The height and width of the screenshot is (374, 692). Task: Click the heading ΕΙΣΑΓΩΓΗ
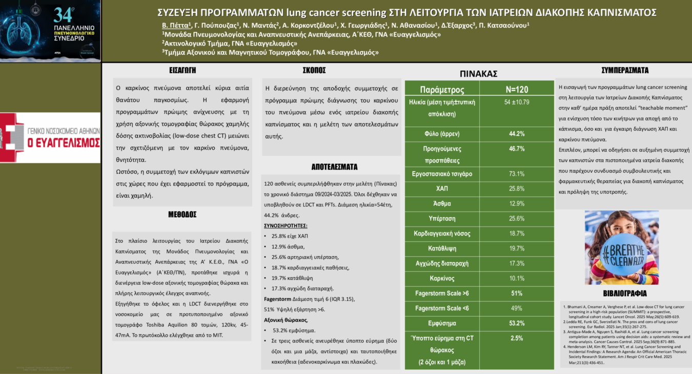[182, 70]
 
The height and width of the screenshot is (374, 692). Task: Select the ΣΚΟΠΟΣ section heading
[314, 70]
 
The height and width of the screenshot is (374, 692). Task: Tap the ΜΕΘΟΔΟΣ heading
[182, 215]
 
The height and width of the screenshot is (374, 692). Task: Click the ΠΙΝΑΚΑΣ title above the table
[479, 74]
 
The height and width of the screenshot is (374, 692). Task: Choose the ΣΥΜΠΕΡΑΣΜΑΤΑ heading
[625, 70]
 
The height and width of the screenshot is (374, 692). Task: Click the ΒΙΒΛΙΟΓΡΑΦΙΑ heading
[624, 294]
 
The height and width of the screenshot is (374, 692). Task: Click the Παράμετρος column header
[442, 90]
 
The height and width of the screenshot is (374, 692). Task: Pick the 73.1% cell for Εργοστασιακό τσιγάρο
[517, 174]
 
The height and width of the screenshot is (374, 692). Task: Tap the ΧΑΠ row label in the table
[442, 189]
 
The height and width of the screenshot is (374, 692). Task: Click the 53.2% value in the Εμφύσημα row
[517, 323]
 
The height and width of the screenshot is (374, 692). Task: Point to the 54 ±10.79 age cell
[517, 102]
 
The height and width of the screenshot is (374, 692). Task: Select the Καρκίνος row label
[442, 278]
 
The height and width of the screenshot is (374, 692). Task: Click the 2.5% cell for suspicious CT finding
[517, 338]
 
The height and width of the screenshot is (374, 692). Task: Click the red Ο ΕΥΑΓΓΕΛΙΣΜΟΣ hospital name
[64, 142]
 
